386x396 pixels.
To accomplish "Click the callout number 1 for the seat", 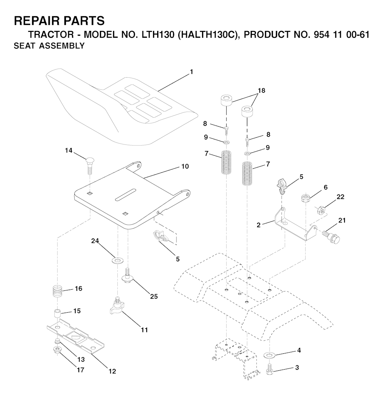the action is (x=191, y=72).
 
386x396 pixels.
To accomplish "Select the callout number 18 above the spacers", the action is (x=261, y=91).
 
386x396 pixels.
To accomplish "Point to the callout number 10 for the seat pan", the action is (x=185, y=166).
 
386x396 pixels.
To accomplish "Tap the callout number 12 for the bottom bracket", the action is (x=112, y=371).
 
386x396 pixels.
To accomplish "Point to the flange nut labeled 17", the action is (x=57, y=350).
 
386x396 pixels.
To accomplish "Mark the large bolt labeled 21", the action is (x=332, y=236).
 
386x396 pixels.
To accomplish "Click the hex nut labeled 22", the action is (x=321, y=209).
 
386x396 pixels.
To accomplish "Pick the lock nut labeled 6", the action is (x=306, y=198).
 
